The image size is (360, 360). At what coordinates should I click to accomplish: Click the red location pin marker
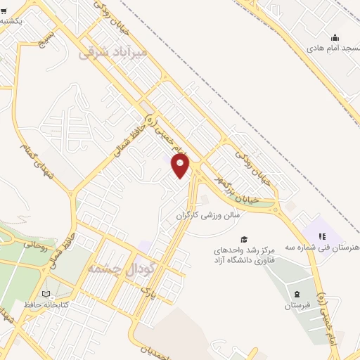click(x=181, y=166)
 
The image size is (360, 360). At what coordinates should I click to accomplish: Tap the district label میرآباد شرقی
click(x=113, y=52)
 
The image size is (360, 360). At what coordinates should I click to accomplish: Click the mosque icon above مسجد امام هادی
click(x=335, y=38)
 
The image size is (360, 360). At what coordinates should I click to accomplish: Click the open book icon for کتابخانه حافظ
click(x=46, y=294)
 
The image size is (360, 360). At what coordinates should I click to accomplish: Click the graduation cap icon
click(x=243, y=240)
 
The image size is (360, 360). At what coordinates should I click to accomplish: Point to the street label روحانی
click(x=35, y=245)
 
